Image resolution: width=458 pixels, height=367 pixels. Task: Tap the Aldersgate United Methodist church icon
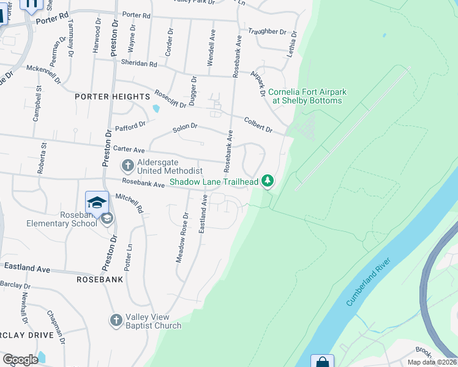click(127, 165)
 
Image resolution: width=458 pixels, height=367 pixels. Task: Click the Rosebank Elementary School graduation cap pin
click(97, 202)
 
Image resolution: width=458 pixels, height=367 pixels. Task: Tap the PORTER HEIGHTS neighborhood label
click(112, 97)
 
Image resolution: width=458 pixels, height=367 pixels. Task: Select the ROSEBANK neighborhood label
click(100, 279)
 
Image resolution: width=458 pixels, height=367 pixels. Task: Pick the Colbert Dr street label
click(258, 124)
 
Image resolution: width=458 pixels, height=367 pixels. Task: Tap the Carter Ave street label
click(129, 149)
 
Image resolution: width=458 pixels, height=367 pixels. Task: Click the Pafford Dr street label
click(130, 126)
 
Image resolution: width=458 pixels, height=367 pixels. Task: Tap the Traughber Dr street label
click(267, 31)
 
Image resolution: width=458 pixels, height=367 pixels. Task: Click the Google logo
click(20, 360)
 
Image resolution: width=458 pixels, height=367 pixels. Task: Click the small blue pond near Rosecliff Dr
click(156, 109)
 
